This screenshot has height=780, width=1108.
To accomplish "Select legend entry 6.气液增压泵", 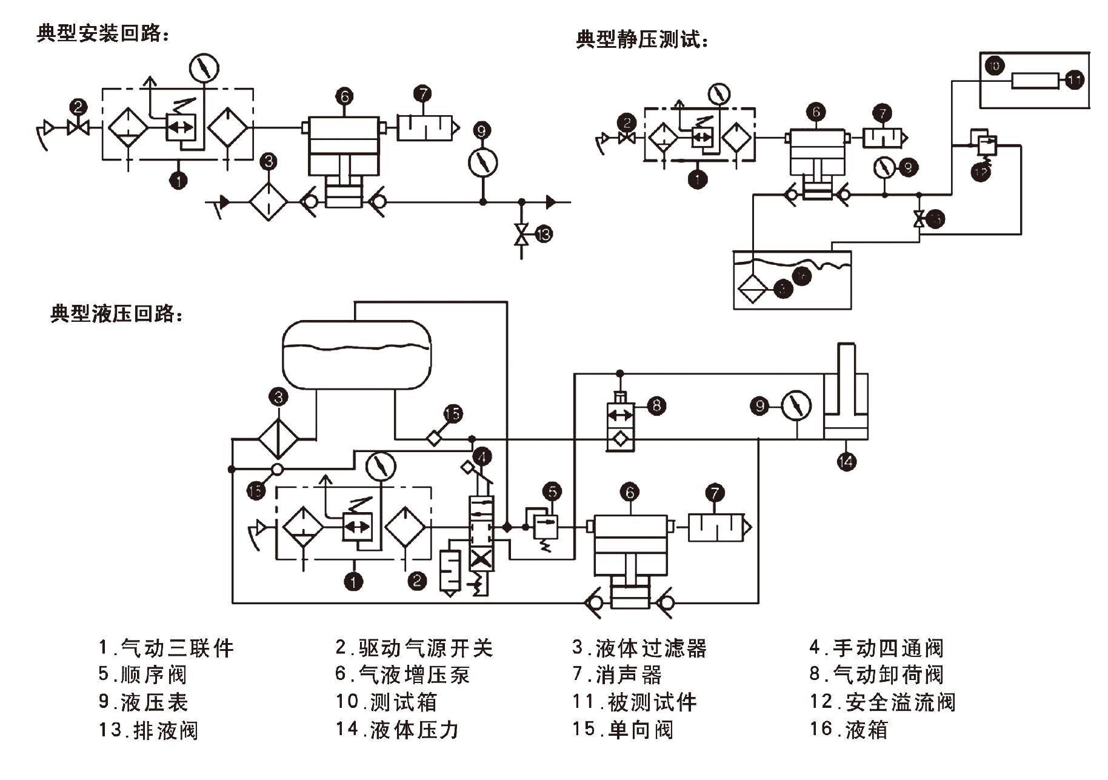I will (402, 675).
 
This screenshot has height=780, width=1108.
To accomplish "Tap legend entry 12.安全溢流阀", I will (883, 702).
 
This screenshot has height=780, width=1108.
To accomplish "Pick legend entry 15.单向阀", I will (622, 729).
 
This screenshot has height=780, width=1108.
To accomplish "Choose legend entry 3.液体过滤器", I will (639, 648).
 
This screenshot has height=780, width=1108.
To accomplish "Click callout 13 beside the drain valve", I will (544, 234).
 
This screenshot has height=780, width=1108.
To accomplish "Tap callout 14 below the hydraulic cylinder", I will (846, 462).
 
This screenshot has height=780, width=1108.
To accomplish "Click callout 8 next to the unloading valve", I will (656, 405).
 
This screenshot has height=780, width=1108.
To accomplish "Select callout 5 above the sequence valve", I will (552, 492).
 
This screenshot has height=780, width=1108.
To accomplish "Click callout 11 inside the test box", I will (1074, 79).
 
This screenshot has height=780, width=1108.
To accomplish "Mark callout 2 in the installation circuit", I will (78, 107).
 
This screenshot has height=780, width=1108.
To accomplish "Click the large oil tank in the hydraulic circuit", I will (357, 355).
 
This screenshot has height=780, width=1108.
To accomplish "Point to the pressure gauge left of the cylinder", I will (796, 405).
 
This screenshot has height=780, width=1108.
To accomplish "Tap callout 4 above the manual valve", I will (482, 456).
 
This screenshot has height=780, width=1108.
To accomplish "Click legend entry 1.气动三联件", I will (166, 648).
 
